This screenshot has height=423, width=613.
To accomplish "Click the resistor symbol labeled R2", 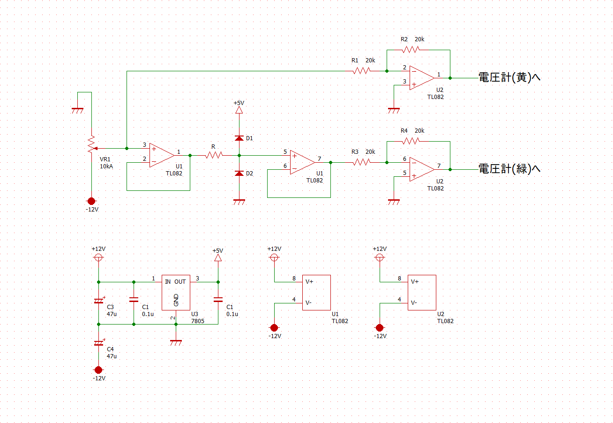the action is click(x=411, y=50).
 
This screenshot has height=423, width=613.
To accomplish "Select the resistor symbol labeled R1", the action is click(x=361, y=71).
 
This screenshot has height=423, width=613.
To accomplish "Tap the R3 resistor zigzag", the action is click(x=361, y=162).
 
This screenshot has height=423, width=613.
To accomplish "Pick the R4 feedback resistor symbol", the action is click(x=411, y=141).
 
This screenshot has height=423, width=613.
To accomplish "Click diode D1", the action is click(x=239, y=138).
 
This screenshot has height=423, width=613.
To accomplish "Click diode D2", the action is click(x=239, y=174).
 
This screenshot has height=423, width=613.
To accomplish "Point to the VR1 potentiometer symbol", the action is click(x=92, y=144).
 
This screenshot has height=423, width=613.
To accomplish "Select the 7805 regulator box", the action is click(x=176, y=293).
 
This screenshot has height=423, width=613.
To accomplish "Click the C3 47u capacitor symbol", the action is click(x=99, y=301).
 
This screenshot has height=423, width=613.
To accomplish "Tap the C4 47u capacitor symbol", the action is click(x=99, y=343).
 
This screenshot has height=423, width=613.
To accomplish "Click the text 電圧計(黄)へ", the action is click(x=509, y=77).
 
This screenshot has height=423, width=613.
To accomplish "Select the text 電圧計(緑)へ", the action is click(x=509, y=169).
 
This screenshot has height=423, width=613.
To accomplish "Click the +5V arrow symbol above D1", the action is click(x=239, y=110).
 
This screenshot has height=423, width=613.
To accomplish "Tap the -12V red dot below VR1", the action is click(x=91, y=201).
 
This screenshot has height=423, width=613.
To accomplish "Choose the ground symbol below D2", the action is click(x=239, y=202).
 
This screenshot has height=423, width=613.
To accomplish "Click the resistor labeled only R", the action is click(x=214, y=155).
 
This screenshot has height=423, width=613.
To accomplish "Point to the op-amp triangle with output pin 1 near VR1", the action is click(x=162, y=155).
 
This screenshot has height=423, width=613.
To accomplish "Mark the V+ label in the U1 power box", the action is click(x=309, y=281).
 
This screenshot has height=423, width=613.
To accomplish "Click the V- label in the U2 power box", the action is click(x=414, y=303).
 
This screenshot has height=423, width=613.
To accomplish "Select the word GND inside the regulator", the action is click(x=176, y=300).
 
